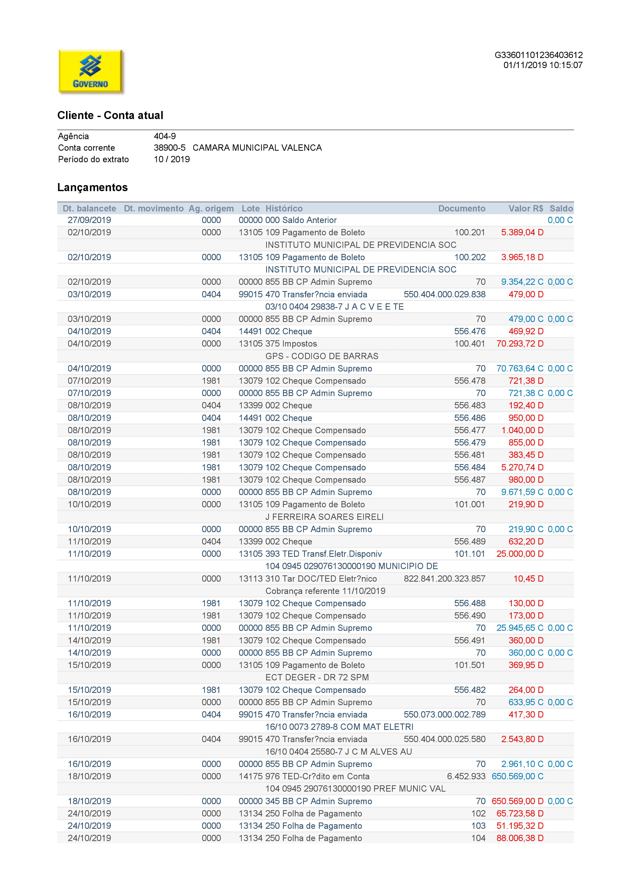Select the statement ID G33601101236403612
(x=538, y=55)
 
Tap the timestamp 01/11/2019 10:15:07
(x=543, y=65)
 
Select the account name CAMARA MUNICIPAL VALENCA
(x=257, y=148)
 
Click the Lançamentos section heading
(x=92, y=187)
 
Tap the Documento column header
(x=462, y=208)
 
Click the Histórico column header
(x=284, y=208)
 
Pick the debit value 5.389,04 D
(x=522, y=233)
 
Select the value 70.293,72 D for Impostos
(x=520, y=344)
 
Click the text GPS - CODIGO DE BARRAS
(x=321, y=356)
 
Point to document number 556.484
(x=470, y=467)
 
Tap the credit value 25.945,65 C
(x=520, y=628)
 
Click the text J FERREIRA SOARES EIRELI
(x=324, y=517)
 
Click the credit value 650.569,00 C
(x=518, y=776)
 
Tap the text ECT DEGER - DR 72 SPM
(x=317, y=677)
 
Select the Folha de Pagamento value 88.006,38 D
(x=520, y=838)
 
